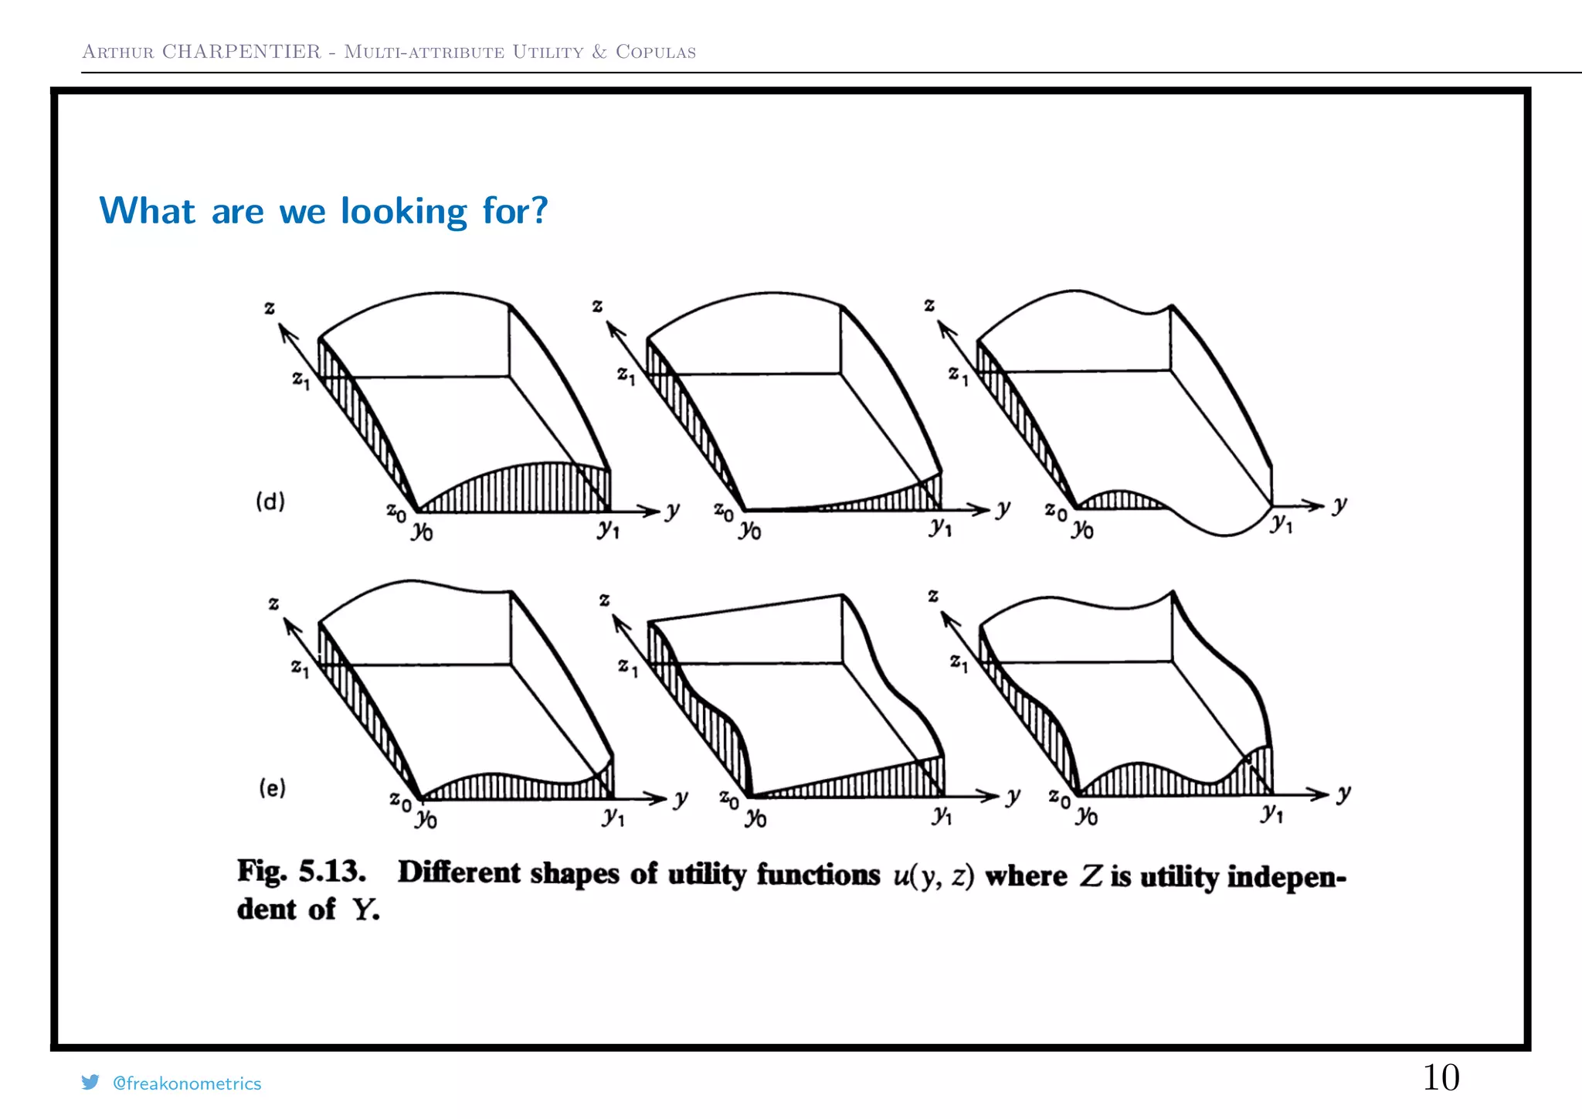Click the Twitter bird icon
pyautogui.click(x=90, y=1082)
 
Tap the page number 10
pyautogui.click(x=1441, y=1077)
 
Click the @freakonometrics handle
pyautogui.click(x=187, y=1083)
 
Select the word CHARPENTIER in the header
pyautogui.click(x=241, y=52)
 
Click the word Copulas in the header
pyautogui.click(x=656, y=52)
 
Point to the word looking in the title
pyautogui.click(x=404, y=211)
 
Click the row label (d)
pyautogui.click(x=270, y=502)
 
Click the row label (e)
pyautogui.click(x=272, y=788)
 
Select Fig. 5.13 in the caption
pyautogui.click(x=301, y=871)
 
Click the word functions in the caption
pyautogui.click(x=818, y=874)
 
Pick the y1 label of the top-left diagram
pyautogui.click(x=608, y=529)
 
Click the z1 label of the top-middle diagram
pyautogui.click(x=626, y=376)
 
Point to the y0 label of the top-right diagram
pyautogui.click(x=1082, y=529)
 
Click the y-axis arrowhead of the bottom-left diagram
pyautogui.click(x=659, y=798)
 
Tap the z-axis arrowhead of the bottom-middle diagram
pyautogui.click(x=617, y=621)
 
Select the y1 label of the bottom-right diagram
pyautogui.click(x=1271, y=813)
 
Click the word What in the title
pyautogui.click(x=147, y=211)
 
